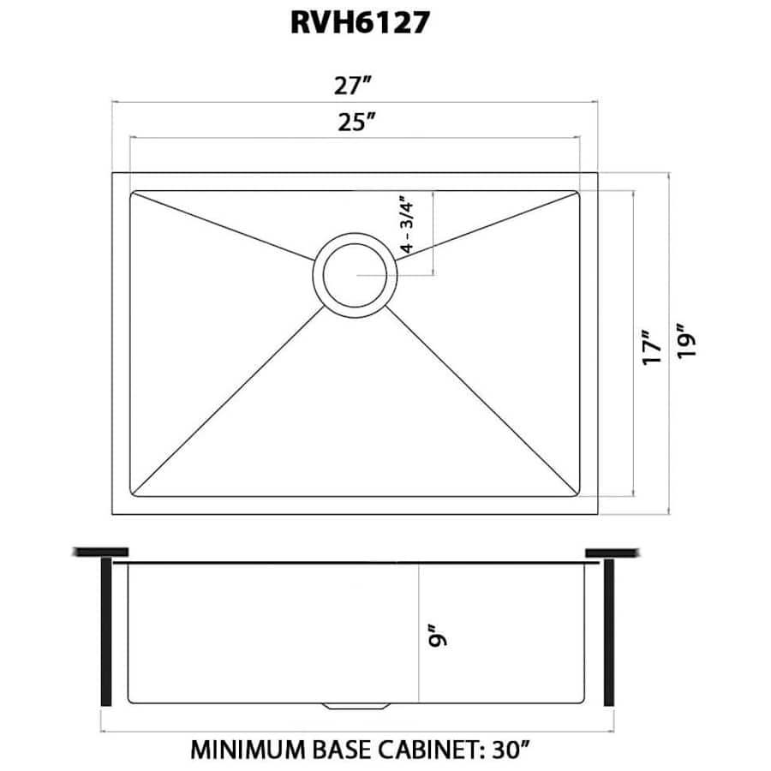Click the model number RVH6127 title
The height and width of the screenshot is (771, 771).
click(359, 24)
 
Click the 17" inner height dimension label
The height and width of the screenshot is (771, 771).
click(652, 348)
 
